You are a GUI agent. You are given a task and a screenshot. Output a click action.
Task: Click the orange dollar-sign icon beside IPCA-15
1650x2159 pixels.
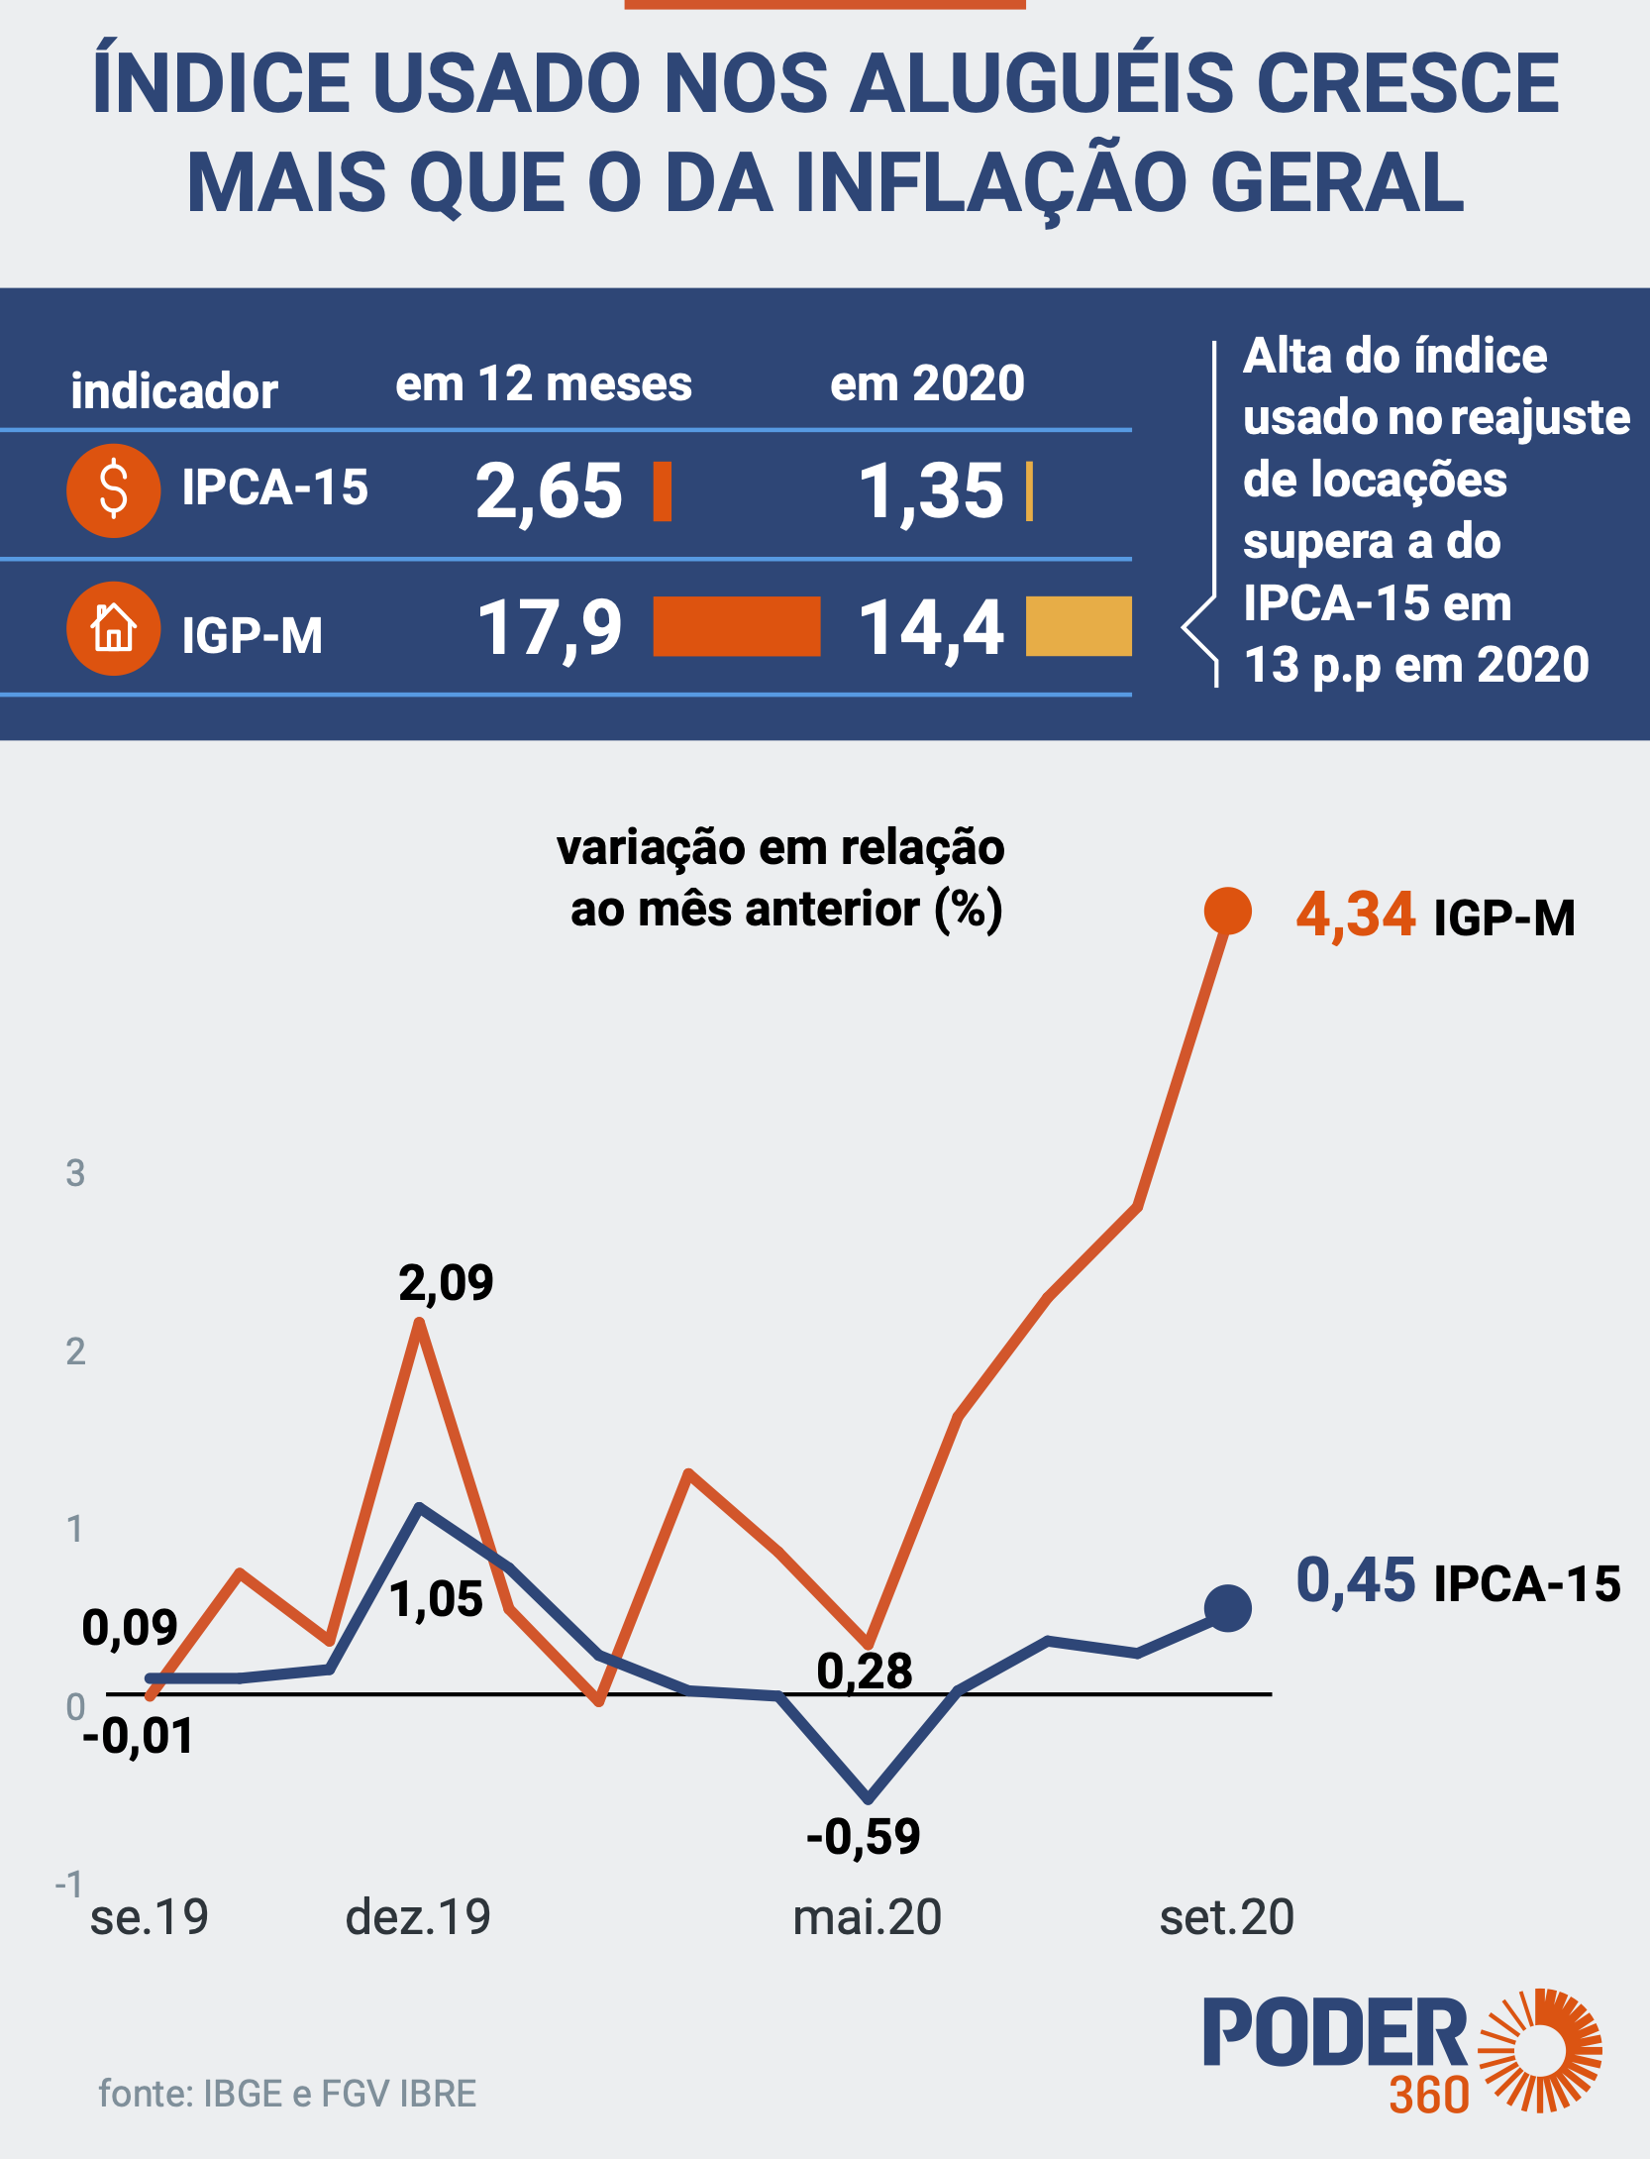coord(114,490)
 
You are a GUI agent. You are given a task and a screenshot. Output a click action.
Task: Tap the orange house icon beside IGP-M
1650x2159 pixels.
coord(114,628)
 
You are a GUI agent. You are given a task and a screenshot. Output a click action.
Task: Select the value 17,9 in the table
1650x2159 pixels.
coord(550,628)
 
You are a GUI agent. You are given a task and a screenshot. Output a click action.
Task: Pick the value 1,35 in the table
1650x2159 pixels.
coord(931,491)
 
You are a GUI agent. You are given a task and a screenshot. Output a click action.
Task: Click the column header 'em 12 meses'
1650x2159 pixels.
coord(543,384)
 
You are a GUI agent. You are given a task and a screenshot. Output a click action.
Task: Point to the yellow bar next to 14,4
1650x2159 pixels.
coord(1079,626)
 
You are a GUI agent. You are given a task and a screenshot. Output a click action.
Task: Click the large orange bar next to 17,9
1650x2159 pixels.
coord(737,626)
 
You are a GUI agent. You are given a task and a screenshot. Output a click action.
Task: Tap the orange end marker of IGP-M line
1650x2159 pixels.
coord(1227,911)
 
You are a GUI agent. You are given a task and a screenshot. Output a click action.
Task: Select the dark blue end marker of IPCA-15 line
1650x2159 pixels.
coord(1227,1607)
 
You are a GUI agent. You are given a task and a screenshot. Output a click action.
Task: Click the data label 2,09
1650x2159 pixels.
coord(446,1283)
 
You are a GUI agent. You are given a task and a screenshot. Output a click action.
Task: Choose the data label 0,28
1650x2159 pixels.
coord(864,1672)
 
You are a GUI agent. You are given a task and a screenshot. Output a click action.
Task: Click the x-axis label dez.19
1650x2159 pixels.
coord(418,1917)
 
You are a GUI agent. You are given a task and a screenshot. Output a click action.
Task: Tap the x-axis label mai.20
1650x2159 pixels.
coord(867,1917)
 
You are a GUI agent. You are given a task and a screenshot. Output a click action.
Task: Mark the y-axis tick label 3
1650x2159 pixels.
coord(75,1173)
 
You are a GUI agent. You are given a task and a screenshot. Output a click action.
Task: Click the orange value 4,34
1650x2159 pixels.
coord(1355,914)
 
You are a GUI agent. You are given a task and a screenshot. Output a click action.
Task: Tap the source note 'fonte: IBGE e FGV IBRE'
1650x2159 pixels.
coord(287,2094)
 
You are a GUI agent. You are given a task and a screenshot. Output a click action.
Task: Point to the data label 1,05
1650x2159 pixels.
coord(436,1599)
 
